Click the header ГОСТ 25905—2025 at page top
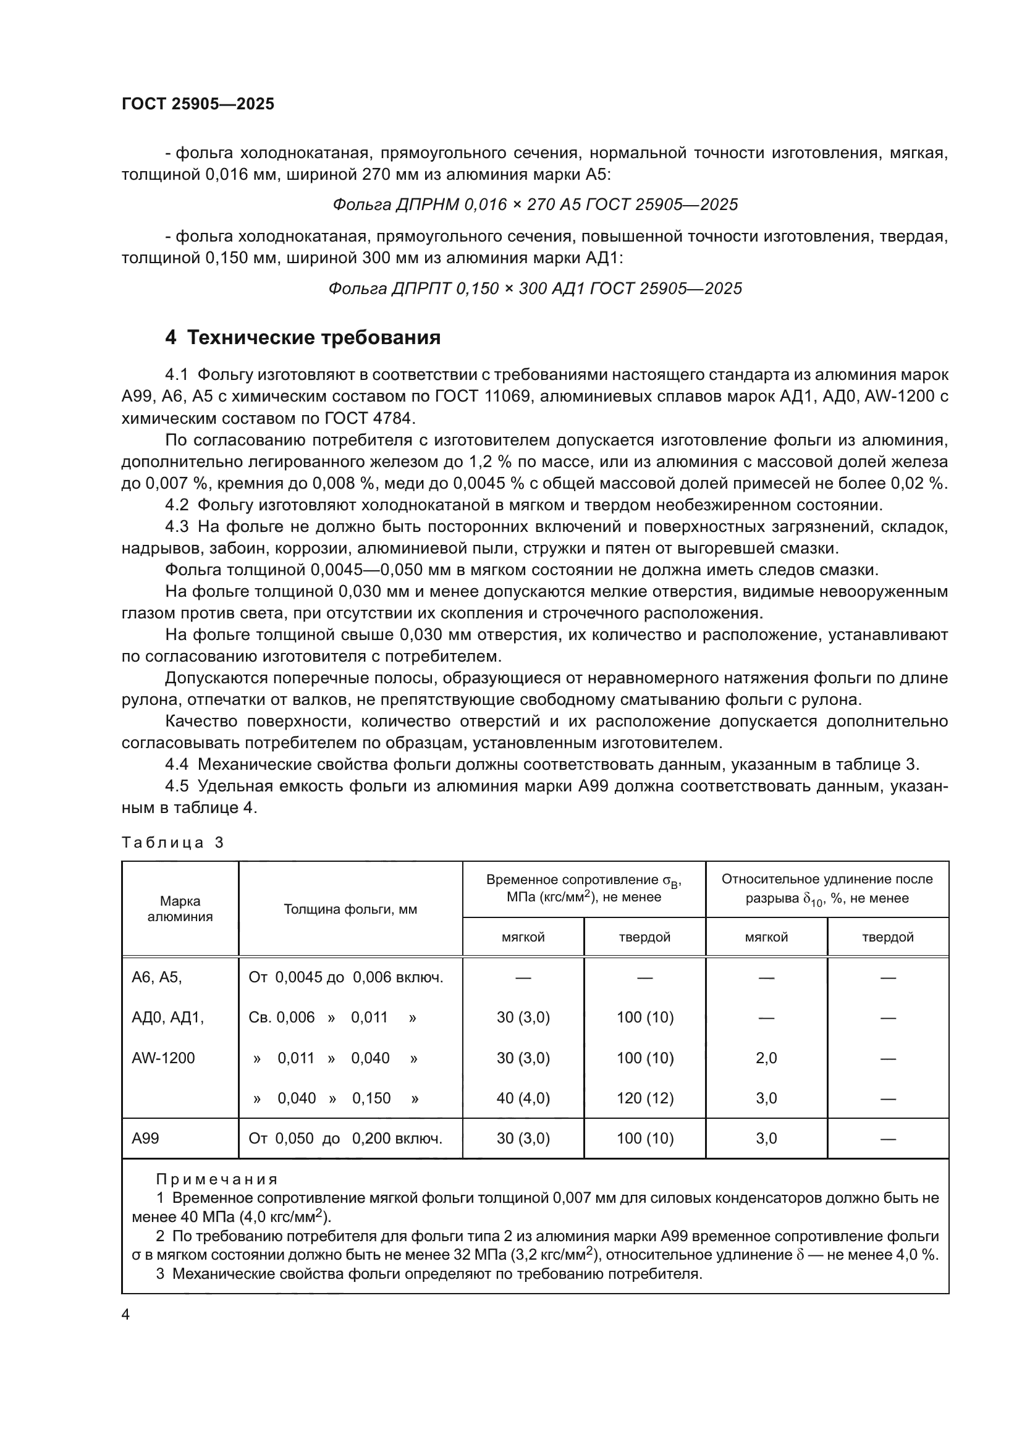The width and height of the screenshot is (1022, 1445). [198, 104]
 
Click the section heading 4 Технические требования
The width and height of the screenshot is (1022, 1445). [303, 338]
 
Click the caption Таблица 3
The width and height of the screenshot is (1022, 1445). [172, 843]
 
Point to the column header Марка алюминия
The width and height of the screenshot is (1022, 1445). [180, 909]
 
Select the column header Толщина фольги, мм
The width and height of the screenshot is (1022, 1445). [350, 909]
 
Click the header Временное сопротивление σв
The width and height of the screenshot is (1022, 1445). [583, 888]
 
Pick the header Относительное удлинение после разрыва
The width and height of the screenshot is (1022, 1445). [826, 888]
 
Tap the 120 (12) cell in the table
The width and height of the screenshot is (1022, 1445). [644, 1098]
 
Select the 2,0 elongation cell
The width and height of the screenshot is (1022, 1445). [766, 1058]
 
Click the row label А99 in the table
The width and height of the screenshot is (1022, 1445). [145, 1139]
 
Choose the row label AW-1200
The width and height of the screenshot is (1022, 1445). [163, 1058]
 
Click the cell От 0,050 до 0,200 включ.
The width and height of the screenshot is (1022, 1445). [345, 1139]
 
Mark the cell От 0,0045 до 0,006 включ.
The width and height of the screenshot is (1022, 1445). [345, 977]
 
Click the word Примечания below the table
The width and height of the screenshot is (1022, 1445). [216, 1179]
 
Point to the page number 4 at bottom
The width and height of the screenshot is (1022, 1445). [125, 1315]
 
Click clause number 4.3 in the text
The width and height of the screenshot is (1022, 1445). [176, 527]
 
